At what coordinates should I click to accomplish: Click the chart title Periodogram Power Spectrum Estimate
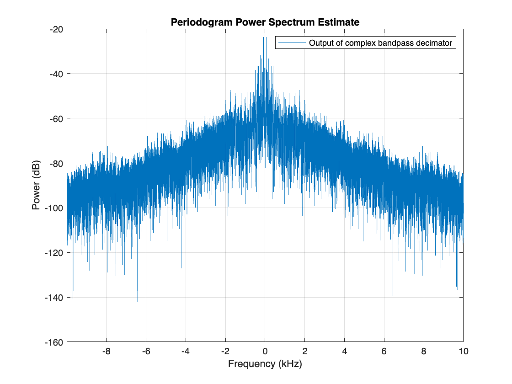tap(265, 22)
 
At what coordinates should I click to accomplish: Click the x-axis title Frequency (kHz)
tap(265, 364)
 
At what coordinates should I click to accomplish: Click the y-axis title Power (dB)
tap(36, 185)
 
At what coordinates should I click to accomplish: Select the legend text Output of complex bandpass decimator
tap(380, 43)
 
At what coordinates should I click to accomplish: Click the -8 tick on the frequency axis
tap(106, 352)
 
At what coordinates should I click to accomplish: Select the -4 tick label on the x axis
tap(185, 352)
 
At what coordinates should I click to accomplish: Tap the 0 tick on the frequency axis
tap(265, 352)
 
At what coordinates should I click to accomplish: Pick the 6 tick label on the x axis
tap(384, 352)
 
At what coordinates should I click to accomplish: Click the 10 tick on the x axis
tap(463, 352)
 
